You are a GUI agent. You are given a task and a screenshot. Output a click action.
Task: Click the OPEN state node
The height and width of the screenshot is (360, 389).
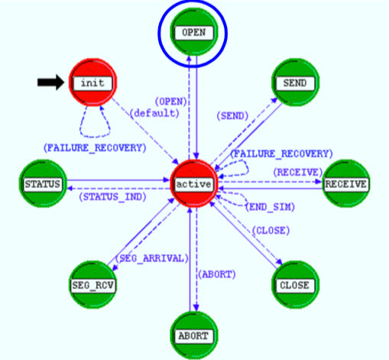194,32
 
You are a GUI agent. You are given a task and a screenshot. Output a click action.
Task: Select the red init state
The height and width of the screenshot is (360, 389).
92,83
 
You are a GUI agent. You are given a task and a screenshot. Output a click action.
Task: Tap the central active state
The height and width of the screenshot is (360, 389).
194,183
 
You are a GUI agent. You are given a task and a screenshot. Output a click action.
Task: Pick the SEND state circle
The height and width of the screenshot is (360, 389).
295,83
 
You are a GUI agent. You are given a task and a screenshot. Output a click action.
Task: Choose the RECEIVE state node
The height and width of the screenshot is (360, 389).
345,183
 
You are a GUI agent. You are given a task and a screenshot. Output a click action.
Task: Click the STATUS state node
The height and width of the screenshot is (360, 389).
43,183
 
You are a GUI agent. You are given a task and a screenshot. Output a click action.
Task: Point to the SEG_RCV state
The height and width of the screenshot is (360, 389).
92,285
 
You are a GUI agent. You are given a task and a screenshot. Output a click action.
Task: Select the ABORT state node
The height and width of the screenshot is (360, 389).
194,336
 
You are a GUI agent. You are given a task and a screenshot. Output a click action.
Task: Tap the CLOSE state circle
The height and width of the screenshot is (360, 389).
295,285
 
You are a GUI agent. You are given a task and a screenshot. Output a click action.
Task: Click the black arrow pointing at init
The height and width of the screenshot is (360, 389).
51,83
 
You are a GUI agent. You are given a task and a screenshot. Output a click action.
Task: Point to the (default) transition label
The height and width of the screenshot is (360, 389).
154,113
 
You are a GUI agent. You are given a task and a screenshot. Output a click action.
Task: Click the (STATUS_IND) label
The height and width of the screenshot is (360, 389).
112,197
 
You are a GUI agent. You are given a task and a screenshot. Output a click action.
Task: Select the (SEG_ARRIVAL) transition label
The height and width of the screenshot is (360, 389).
152,258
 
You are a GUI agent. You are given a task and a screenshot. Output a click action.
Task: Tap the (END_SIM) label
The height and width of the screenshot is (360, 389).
270,207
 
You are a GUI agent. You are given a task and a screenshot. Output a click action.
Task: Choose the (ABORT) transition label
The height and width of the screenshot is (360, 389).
217,274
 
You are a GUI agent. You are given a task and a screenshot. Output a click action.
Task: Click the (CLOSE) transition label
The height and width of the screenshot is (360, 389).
271,231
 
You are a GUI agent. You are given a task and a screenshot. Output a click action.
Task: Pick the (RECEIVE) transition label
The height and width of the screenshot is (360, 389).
298,173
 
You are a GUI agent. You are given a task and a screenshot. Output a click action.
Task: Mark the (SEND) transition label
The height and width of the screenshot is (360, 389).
232,116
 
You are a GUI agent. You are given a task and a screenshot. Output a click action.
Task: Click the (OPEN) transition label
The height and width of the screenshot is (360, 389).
171,102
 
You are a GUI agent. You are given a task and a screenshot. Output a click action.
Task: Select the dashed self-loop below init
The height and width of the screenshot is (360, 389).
95,137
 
